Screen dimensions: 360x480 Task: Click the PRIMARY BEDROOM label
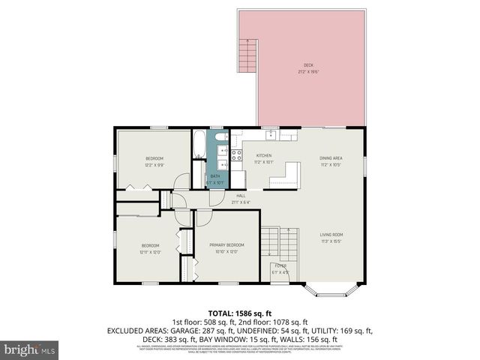226,245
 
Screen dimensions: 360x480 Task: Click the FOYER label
280,266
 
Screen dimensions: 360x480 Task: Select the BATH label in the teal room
214,177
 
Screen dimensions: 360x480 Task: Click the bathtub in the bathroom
199,145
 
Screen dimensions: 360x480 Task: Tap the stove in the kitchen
235,156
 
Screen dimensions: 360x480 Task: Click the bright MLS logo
30,349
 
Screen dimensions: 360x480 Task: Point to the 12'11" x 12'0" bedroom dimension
150,252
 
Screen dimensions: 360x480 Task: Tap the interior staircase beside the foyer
270,244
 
